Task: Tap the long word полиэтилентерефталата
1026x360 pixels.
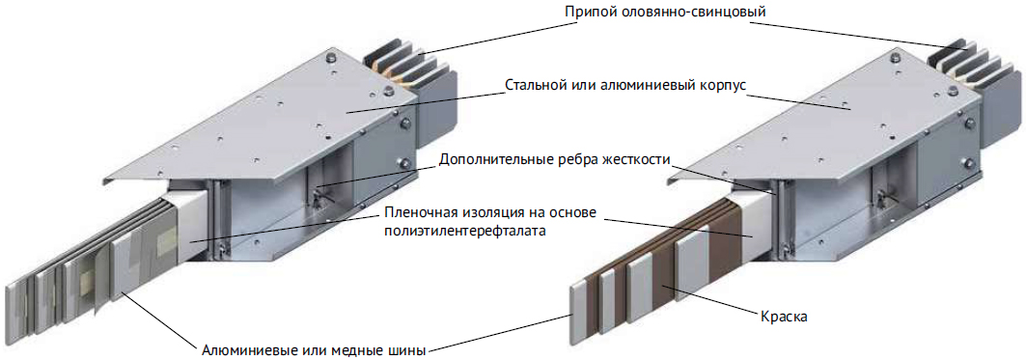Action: (466, 233)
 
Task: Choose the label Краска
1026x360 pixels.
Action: (786, 317)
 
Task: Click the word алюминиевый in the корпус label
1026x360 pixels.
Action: (645, 87)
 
